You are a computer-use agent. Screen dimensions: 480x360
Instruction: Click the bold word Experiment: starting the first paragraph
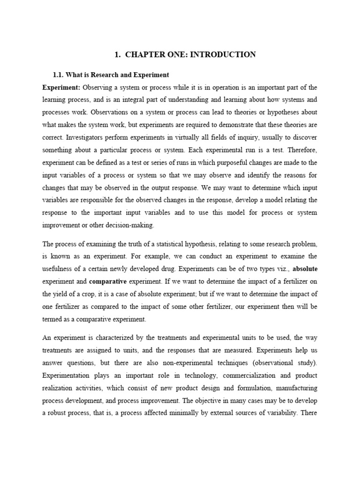tap(61, 88)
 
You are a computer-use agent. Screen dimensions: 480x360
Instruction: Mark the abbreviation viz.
tap(283, 269)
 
